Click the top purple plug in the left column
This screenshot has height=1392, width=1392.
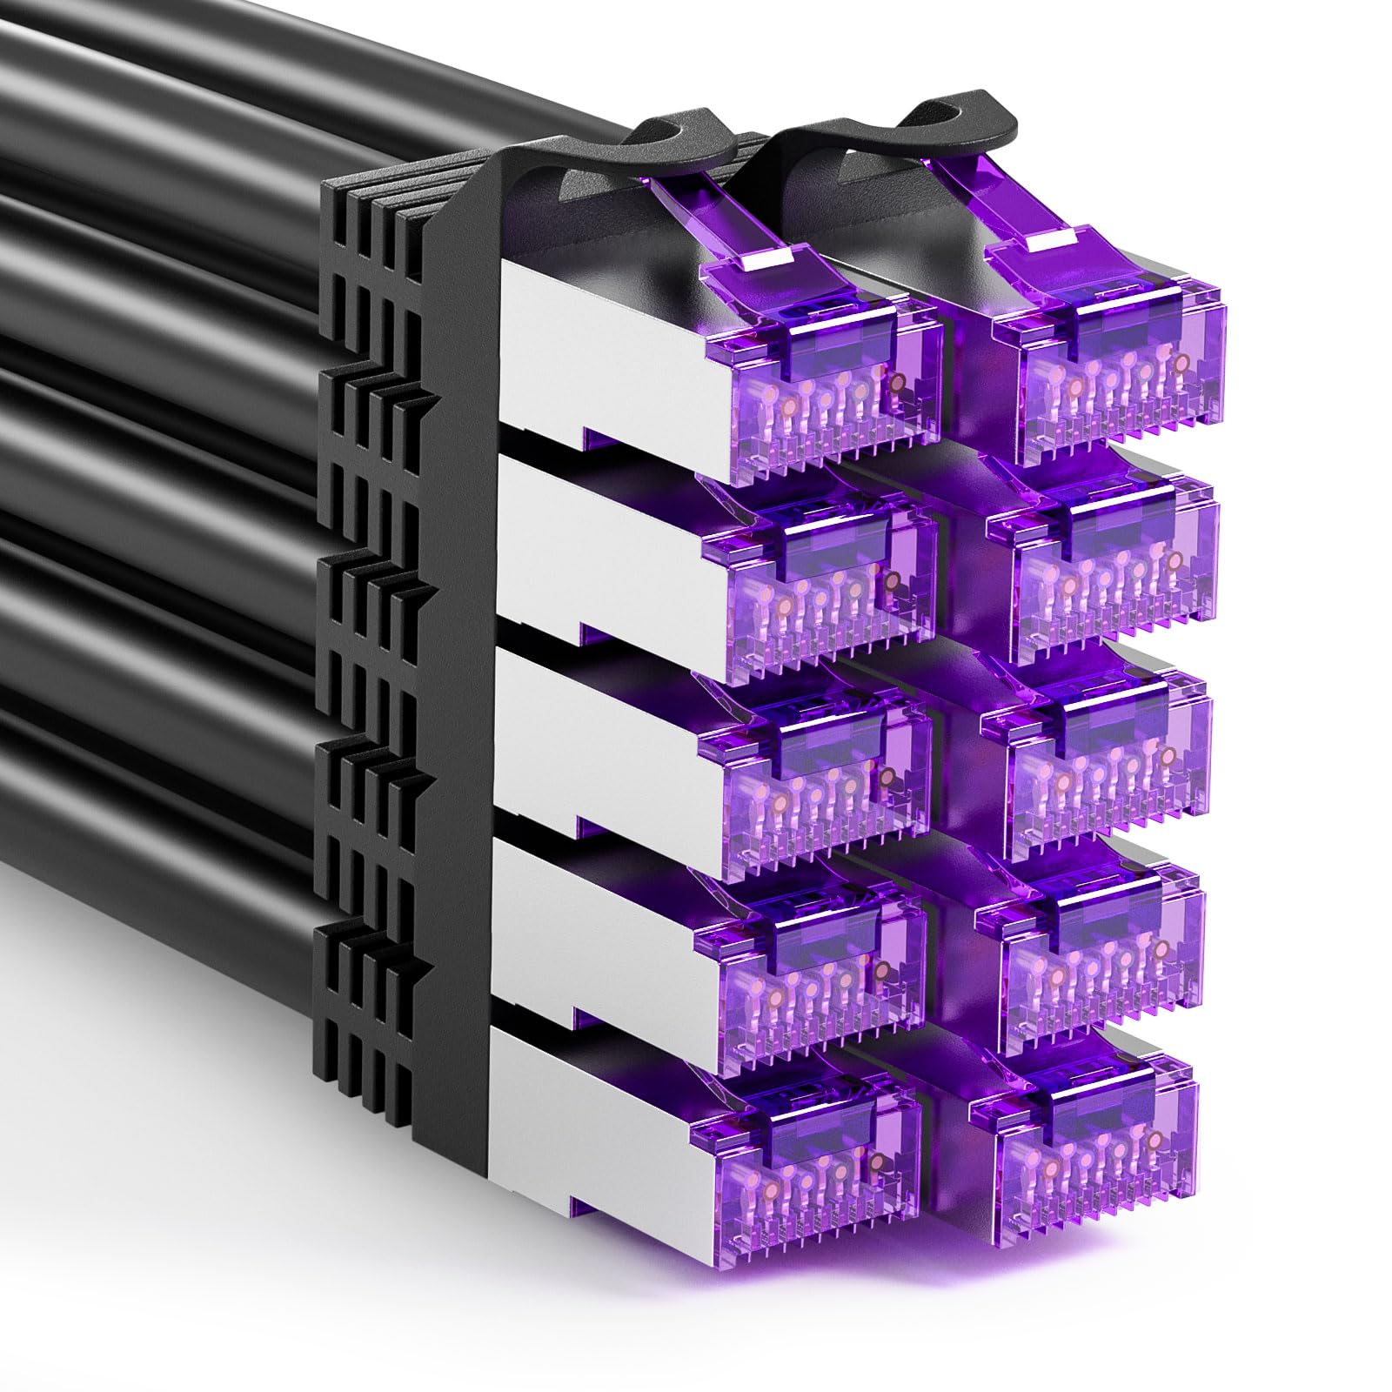click(x=822, y=374)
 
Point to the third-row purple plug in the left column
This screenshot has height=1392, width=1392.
click(x=813, y=766)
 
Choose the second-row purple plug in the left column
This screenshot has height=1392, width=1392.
click(x=818, y=574)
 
